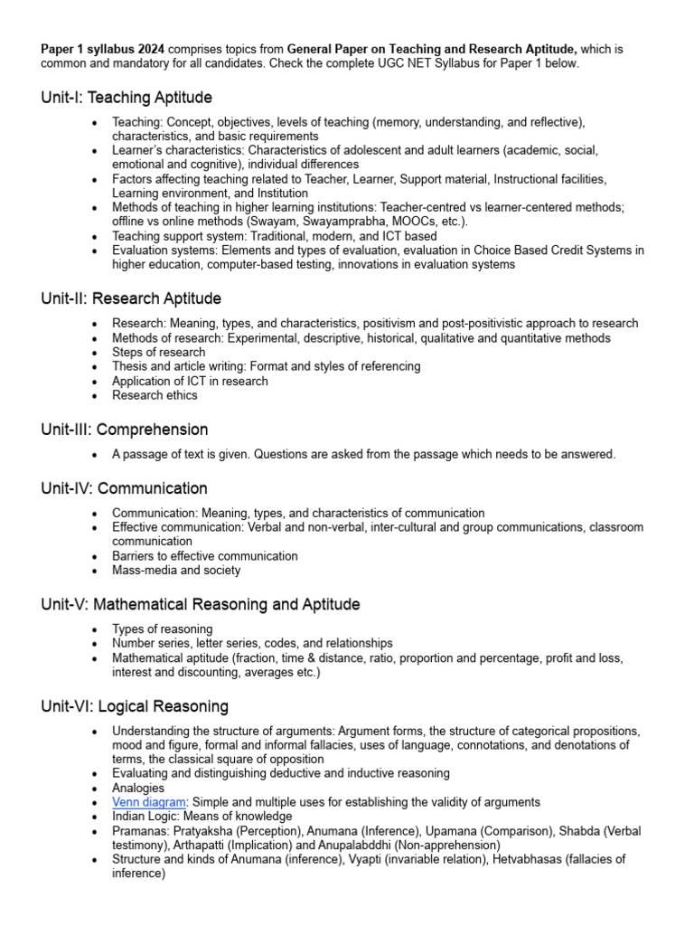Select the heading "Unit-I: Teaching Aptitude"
127,97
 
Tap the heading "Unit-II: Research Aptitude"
131,298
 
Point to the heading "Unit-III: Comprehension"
125,430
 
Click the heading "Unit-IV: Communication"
124,488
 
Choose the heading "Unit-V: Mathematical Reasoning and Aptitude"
201,604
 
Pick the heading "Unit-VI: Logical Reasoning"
135,706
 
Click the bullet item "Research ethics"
155,395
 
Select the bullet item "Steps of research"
158,352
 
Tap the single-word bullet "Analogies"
138,788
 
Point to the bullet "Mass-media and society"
176,571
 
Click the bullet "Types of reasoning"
163,628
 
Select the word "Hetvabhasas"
529,860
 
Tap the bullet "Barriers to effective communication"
205,556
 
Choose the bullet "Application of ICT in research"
190,381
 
